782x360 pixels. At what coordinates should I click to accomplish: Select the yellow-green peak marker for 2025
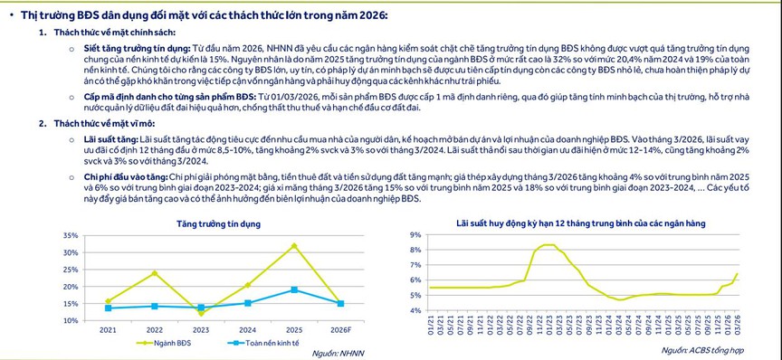point(292,245)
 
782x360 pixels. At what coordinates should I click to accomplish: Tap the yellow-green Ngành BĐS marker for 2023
point(200,313)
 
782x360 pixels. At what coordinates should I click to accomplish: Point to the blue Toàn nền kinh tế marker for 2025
point(292,289)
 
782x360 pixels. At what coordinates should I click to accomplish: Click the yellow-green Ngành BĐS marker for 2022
point(154,273)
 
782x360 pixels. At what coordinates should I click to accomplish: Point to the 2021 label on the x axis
point(108,329)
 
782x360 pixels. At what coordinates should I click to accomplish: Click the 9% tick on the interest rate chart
point(416,235)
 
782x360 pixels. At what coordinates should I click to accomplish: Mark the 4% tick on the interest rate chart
point(416,311)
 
